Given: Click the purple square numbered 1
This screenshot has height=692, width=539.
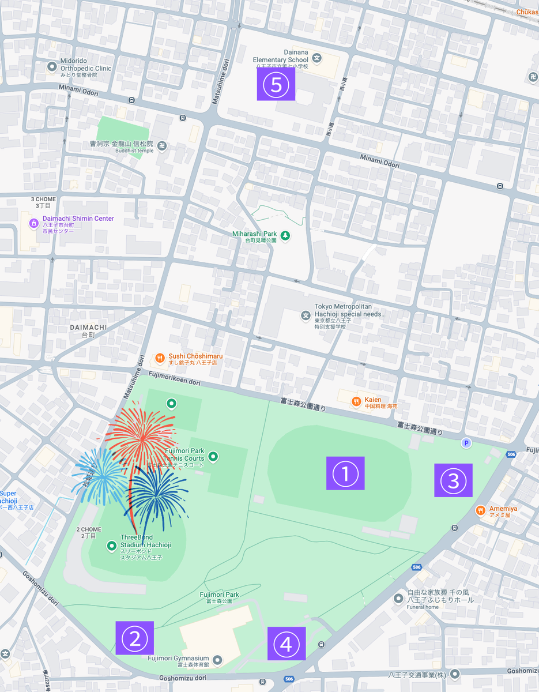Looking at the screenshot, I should pos(345,473).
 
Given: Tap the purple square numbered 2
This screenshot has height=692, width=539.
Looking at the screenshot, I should pos(134,638).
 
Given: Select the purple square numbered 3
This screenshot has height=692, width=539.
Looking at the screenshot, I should pos(453,480).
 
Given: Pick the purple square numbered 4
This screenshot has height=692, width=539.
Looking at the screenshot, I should pos(287,644).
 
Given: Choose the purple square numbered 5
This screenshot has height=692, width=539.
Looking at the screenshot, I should pos(276,84).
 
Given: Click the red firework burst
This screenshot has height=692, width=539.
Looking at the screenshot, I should pos(141,437).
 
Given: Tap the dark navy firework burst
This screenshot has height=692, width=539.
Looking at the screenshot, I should pos(156,497).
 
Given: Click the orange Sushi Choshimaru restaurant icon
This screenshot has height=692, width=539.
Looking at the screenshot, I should pos(160,358).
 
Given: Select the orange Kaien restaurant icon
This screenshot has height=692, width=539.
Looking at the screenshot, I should pos(356,400).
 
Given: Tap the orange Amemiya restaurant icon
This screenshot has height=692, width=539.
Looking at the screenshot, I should pos(480,510).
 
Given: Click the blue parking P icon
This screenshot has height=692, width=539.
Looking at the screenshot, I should pos(466,443).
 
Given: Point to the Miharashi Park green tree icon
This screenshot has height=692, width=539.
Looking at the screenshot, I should pos(285,235).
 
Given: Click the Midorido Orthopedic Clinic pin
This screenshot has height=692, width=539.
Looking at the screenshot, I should pos(52,66).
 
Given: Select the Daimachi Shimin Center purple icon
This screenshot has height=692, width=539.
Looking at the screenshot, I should pos(33,220).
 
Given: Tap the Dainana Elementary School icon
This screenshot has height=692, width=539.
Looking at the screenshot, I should pos(316,57).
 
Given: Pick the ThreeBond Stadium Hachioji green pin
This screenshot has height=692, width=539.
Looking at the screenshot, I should pos(112,545).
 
